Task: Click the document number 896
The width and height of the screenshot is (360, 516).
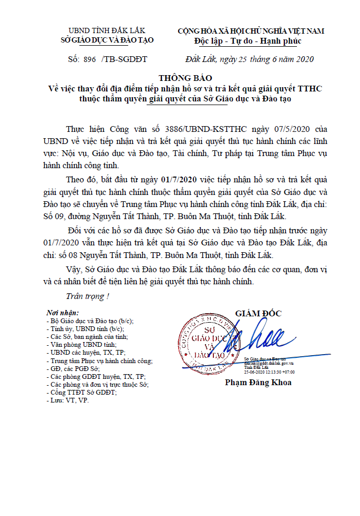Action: click(x=90, y=59)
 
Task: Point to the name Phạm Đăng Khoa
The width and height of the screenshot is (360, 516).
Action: click(x=258, y=382)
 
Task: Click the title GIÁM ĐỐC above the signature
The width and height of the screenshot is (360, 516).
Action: click(x=258, y=314)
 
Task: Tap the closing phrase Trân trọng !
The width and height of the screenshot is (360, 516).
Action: click(x=88, y=296)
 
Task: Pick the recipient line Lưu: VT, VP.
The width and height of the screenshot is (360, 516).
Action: click(x=68, y=400)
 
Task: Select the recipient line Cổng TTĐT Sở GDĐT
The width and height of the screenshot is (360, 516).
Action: click(x=83, y=393)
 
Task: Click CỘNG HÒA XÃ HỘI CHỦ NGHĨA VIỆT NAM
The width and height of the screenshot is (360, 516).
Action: click(x=251, y=30)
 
